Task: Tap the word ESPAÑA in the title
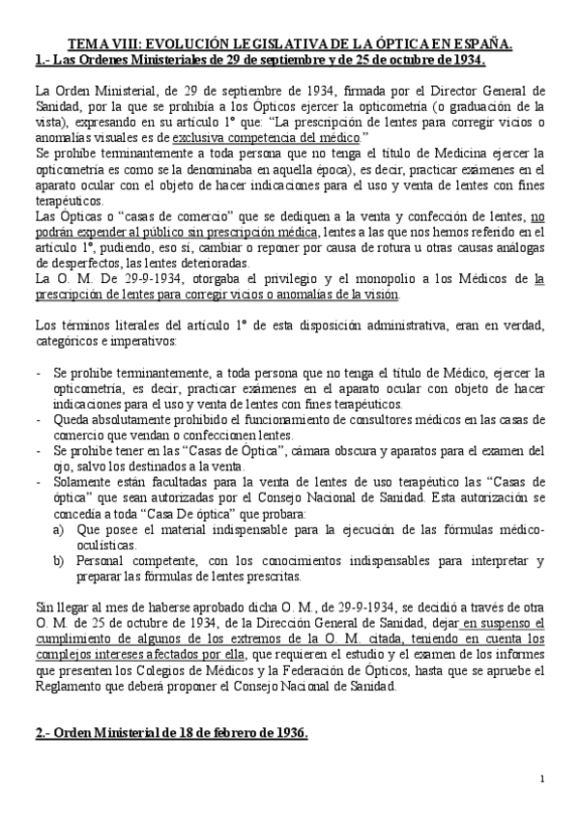tap(479, 44)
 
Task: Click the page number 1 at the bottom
tap(542, 778)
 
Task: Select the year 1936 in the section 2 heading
tap(285, 733)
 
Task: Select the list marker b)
tap(57, 560)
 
